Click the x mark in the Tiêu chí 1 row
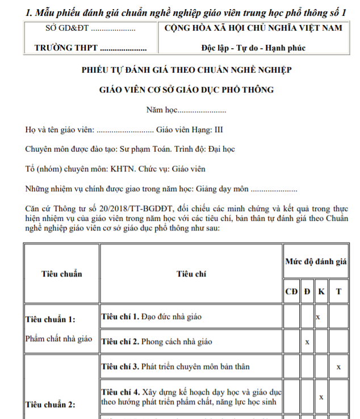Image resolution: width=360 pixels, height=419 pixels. click(x=318, y=316)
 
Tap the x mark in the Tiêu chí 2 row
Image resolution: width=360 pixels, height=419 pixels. click(x=307, y=342)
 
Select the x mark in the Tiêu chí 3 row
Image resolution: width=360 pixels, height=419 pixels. click(x=338, y=367)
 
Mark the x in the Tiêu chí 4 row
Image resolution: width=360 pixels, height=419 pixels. click(x=321, y=397)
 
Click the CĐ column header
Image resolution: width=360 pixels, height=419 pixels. click(x=291, y=291)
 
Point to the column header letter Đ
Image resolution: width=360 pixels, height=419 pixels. click(x=307, y=291)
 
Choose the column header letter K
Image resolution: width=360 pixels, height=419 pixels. click(x=321, y=291)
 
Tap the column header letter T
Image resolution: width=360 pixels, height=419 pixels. click(x=339, y=291)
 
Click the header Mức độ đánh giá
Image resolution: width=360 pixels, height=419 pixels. click(x=316, y=262)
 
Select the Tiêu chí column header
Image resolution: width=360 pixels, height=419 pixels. click(x=191, y=274)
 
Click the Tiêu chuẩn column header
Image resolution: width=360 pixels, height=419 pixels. click(x=61, y=274)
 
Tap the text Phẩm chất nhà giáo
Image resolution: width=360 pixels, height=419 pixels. click(x=58, y=338)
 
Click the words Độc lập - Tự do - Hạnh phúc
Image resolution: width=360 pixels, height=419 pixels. click(x=253, y=48)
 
